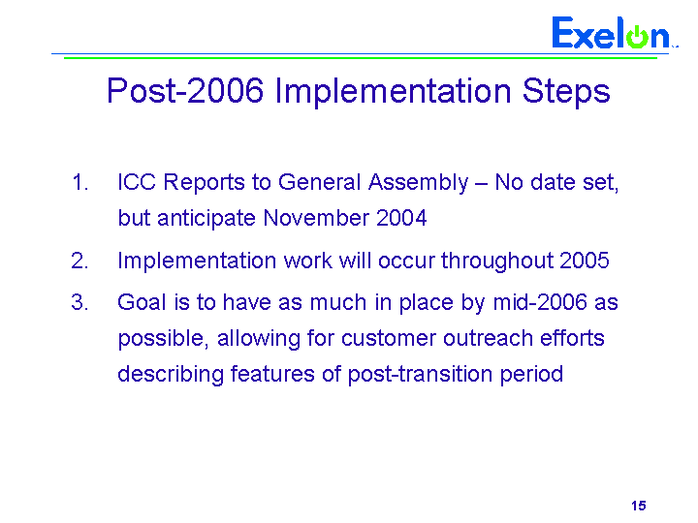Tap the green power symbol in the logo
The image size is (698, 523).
pos(638,37)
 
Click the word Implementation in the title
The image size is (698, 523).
pos(393,91)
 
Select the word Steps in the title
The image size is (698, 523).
pos(566,92)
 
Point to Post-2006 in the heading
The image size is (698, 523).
pos(185,91)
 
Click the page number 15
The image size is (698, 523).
pos(638,506)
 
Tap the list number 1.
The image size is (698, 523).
pos(80,183)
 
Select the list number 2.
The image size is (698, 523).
pos(80,261)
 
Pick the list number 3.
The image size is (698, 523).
pos(80,302)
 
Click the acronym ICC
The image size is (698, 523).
pos(137,182)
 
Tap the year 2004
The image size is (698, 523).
pos(401,218)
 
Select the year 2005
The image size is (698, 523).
pos(584,261)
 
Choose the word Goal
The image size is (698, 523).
pos(142,302)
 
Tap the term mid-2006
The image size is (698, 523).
pos(540,302)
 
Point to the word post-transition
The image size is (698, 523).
pos(420,375)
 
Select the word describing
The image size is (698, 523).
pos(171,375)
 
